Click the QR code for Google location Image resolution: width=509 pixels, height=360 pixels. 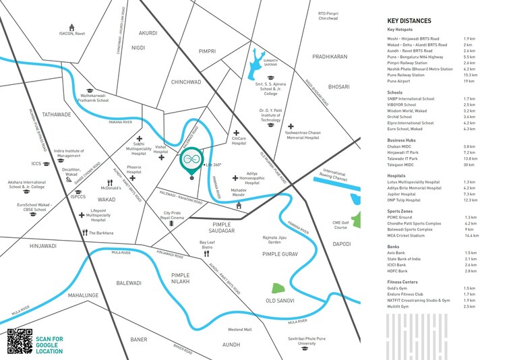click(x=20, y=340)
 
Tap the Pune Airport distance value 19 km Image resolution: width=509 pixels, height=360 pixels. click(x=469, y=81)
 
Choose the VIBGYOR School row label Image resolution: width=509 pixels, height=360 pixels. click(x=403, y=104)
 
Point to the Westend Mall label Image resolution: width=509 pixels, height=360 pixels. click(x=239, y=330)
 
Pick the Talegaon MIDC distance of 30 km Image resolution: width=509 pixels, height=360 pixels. click(x=470, y=164)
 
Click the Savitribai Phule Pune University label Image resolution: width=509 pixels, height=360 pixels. click(x=307, y=346)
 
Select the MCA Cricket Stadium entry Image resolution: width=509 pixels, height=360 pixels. click(x=411, y=236)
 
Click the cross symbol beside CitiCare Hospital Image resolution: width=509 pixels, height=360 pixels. click(x=236, y=134)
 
